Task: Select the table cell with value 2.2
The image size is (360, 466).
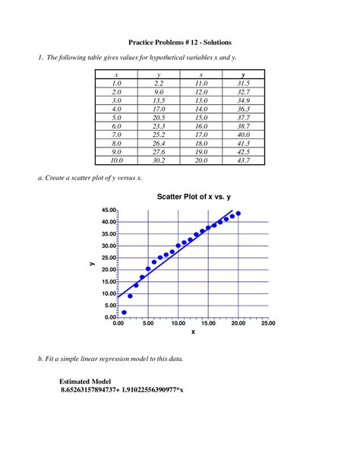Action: click(159, 83)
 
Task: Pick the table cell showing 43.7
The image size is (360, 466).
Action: click(243, 160)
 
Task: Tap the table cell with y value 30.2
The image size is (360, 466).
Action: click(159, 160)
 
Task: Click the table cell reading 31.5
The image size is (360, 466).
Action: click(243, 83)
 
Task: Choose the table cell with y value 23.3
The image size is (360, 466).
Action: click(159, 126)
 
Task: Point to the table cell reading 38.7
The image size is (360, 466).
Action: click(243, 126)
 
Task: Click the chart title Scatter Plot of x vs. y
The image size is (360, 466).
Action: click(194, 197)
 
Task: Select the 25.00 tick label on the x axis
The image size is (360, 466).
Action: click(268, 323)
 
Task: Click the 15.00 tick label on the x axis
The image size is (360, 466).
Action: click(208, 323)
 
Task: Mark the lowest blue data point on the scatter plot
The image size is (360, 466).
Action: click(124, 312)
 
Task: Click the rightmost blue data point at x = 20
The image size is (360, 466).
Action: click(238, 214)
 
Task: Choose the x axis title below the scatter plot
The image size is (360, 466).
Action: click(193, 332)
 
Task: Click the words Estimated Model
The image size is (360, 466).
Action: click(85, 381)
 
